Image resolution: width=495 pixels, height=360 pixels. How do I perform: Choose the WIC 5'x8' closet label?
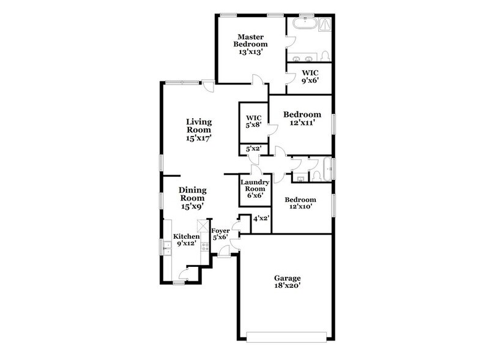click(254, 122)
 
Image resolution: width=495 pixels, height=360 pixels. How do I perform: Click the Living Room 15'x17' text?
click(199, 130)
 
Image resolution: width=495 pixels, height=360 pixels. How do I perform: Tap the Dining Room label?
click(192, 198)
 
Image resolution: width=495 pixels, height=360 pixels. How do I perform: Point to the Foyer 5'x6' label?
click(220, 234)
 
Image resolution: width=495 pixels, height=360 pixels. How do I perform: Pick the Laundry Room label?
click(254, 188)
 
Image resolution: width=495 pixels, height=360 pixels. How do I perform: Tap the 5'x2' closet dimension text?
click(253, 149)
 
